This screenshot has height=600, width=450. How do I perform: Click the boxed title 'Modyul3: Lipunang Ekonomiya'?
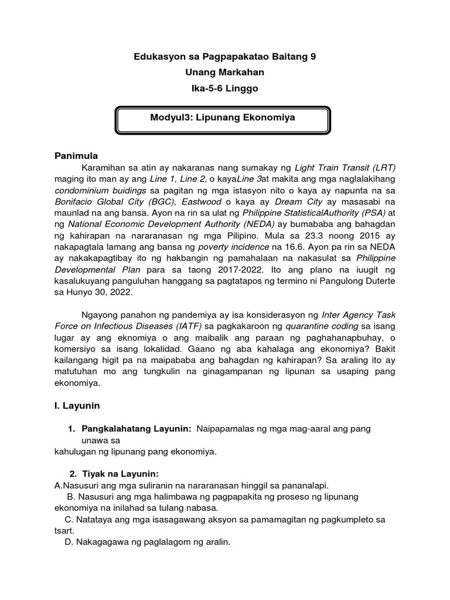[x=222, y=118]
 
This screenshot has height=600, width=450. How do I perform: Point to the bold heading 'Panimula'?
[x=74, y=156]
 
